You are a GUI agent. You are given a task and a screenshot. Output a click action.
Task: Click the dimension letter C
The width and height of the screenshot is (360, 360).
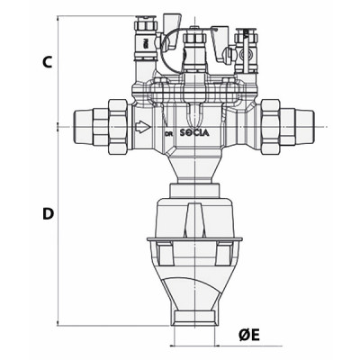[x=46, y=62]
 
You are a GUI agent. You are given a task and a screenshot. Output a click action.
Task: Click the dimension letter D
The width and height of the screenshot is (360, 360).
[x=47, y=213]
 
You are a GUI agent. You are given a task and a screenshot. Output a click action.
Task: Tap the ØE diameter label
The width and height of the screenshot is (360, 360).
[x=249, y=335]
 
